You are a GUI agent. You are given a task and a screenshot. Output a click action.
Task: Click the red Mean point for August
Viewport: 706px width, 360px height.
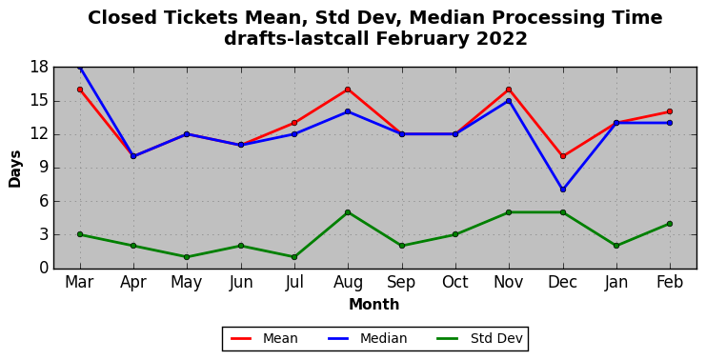[348, 90]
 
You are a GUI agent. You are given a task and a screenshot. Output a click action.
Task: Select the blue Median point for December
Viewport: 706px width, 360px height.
[563, 190]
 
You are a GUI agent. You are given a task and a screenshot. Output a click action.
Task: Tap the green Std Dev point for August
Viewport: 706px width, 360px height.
[348, 212]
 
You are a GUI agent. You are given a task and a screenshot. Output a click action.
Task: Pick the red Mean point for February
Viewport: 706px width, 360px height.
[670, 111]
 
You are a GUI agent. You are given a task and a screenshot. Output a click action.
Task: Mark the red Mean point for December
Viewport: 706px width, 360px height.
[563, 156]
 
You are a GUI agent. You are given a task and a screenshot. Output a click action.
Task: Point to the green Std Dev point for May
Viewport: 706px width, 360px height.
[187, 257]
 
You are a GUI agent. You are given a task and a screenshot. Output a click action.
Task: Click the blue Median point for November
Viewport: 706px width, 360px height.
[509, 101]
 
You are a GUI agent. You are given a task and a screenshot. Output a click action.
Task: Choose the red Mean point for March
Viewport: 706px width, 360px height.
[80, 90]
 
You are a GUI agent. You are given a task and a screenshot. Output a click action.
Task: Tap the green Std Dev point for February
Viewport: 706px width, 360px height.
[670, 224]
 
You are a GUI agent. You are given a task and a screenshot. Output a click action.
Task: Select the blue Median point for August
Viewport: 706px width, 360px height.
[348, 111]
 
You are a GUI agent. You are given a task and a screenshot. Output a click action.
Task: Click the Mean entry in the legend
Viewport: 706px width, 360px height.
[264, 338]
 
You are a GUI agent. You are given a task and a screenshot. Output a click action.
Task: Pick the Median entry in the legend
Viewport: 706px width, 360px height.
[366, 338]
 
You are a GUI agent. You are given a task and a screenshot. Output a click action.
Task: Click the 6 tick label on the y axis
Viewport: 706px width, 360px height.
[44, 201]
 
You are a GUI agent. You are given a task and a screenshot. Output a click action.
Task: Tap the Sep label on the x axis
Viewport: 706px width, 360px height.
[401, 282]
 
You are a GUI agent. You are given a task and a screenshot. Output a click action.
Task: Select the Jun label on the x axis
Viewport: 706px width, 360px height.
[240, 282]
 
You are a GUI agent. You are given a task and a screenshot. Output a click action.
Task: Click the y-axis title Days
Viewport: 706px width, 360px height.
[15, 169]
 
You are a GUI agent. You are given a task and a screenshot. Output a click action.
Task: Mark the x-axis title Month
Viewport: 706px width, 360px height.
[374, 304]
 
